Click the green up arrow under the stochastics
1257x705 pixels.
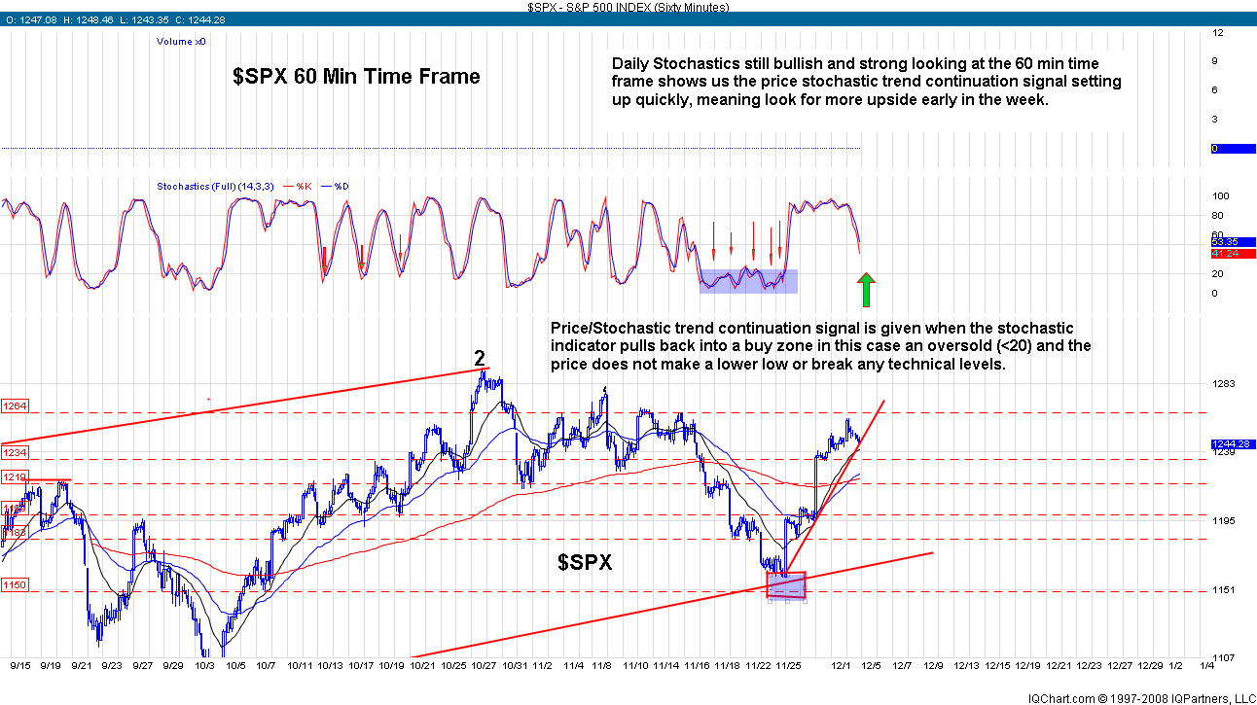click(867, 290)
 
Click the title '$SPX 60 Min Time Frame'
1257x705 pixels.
click(356, 76)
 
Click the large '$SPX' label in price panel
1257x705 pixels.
click(585, 561)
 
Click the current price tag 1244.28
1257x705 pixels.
click(1230, 444)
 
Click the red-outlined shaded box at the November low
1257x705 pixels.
click(786, 584)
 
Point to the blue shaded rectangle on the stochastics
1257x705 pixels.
click(748, 281)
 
